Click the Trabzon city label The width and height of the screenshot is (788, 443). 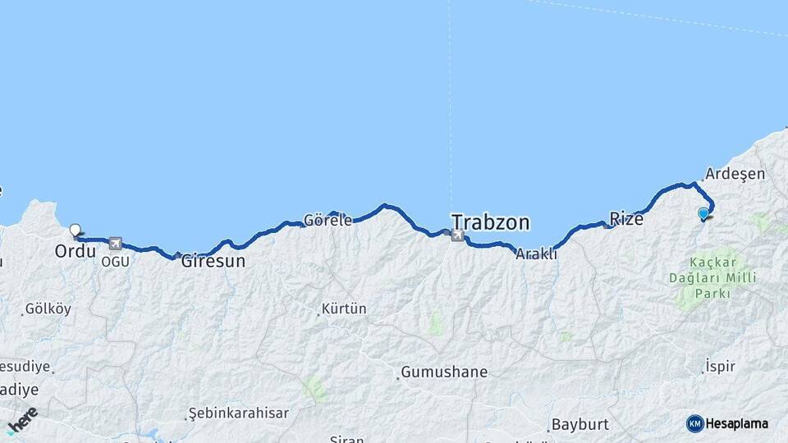click(491, 222)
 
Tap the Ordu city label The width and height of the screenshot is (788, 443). click(76, 251)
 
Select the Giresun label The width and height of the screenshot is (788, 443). click(213, 262)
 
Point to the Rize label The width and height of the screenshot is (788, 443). click(625, 219)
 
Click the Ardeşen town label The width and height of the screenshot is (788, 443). click(735, 174)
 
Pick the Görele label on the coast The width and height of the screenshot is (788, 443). click(328, 220)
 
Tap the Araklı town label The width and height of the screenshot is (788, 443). click(536, 254)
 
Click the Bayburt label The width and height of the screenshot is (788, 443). click(580, 424)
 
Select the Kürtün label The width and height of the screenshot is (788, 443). click(344, 309)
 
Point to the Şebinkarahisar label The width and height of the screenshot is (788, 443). click(239, 413)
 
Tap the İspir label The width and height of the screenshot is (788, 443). click(720, 367)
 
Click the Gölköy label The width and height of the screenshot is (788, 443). click(48, 309)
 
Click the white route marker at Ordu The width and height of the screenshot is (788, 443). click(75, 231)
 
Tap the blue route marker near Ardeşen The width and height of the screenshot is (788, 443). click(703, 214)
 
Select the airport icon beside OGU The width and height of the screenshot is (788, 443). click(114, 244)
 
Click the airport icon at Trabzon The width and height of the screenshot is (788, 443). click(456, 236)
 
